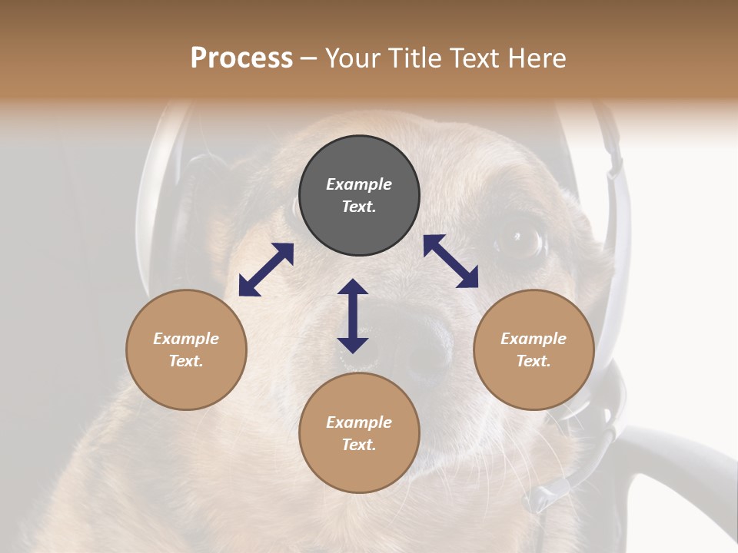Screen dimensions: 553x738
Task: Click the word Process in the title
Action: tap(241, 58)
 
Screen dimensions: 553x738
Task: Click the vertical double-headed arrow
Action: tap(353, 316)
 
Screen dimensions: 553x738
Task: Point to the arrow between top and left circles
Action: tap(266, 270)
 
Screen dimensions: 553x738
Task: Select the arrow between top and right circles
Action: tap(450, 261)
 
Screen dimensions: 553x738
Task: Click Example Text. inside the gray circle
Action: tap(359, 195)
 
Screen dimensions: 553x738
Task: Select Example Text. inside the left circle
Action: tap(186, 349)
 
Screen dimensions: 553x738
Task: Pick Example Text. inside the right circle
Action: tap(534, 349)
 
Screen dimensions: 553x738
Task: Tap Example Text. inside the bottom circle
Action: tap(359, 433)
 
